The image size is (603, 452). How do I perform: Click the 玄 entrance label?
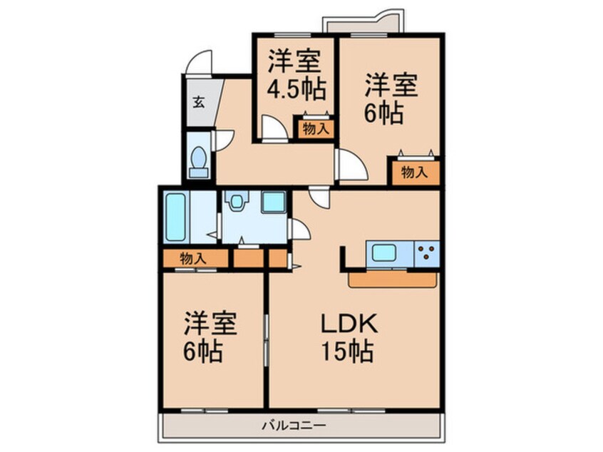(199, 101)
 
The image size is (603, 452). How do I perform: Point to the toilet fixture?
(199, 159)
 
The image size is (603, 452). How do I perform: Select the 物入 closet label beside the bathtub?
(193, 258)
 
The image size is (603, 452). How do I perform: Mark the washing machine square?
(273, 201)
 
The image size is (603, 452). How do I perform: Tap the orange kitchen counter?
(392, 279)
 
